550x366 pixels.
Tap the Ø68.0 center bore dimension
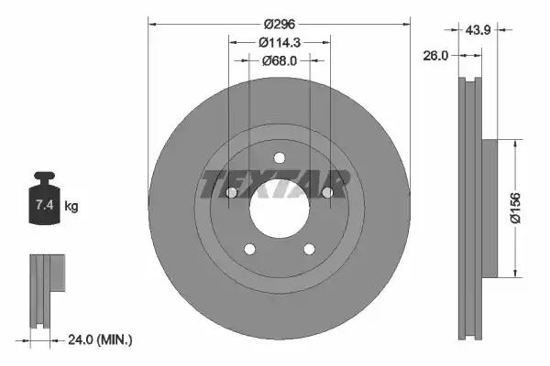279,61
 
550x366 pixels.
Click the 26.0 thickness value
435,56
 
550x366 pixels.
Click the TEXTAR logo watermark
274,185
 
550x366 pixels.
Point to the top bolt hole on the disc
279,156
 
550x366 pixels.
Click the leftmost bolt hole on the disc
232,192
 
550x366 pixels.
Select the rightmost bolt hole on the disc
326,191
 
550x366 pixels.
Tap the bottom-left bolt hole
249,247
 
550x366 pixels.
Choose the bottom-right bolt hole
308,247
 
